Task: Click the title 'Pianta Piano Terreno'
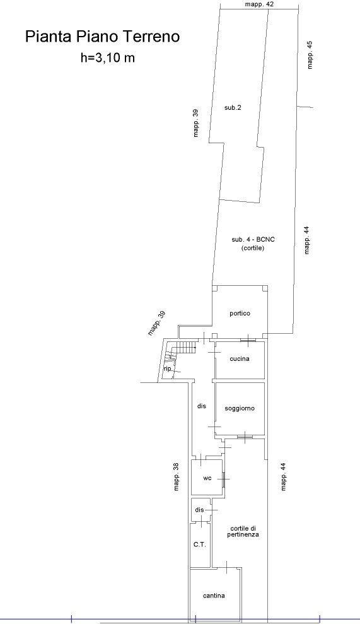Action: (x=103, y=37)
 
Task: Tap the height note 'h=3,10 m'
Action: (x=108, y=58)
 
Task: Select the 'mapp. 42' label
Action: (x=260, y=4)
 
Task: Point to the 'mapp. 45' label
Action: (x=310, y=54)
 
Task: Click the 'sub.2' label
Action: (x=233, y=107)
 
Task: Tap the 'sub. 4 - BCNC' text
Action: (x=253, y=240)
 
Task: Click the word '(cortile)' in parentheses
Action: (x=253, y=248)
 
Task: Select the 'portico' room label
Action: (x=240, y=314)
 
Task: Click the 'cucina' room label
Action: (x=240, y=359)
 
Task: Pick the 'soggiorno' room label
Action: (x=240, y=408)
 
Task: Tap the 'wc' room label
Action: (x=207, y=478)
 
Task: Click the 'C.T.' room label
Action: (x=200, y=545)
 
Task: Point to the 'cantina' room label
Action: (x=214, y=596)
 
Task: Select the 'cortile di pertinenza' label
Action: (x=243, y=531)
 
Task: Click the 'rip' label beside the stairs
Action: (x=167, y=369)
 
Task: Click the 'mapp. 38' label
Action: (x=177, y=476)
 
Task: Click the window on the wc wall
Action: (x=224, y=479)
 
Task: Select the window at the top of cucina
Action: (x=248, y=340)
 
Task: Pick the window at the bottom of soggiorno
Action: (x=245, y=437)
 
